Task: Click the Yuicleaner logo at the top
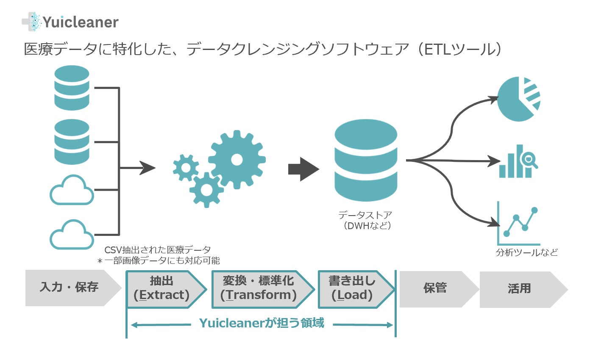click(x=70, y=22)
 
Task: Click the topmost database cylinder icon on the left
click(x=72, y=88)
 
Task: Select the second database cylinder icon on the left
click(x=72, y=141)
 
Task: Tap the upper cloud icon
click(x=72, y=190)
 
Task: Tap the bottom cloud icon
click(x=72, y=235)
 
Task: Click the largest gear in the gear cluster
click(x=237, y=160)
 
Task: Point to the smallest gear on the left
click(x=186, y=168)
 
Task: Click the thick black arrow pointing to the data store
click(x=304, y=169)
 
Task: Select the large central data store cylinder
click(x=366, y=160)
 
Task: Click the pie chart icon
click(x=518, y=99)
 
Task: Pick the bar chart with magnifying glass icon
click(x=518, y=161)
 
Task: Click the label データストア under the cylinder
click(x=365, y=215)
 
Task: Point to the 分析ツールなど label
click(x=527, y=252)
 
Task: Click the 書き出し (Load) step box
click(x=356, y=289)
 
